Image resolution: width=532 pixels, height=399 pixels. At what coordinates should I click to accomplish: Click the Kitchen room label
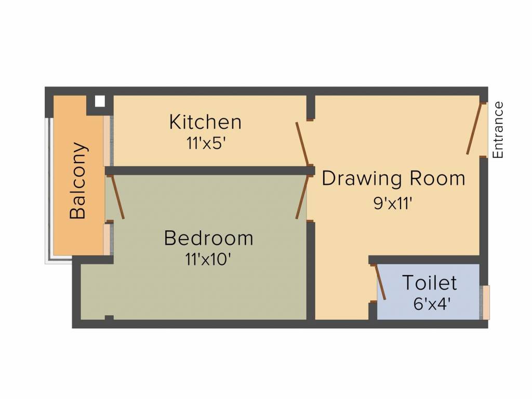[205, 122]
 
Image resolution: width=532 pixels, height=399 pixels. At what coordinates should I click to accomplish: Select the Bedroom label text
[208, 238]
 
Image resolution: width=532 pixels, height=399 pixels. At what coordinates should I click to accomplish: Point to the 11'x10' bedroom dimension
[208, 259]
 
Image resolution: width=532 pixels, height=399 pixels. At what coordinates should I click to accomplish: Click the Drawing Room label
[393, 178]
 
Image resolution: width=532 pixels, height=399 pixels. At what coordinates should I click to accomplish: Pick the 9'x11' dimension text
[393, 203]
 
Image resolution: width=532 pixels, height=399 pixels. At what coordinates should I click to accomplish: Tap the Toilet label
[430, 283]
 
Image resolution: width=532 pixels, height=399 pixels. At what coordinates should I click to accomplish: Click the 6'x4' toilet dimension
[431, 303]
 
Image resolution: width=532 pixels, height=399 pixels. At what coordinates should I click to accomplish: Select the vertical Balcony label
[78, 180]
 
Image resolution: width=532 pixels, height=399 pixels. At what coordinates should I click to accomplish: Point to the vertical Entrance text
[498, 130]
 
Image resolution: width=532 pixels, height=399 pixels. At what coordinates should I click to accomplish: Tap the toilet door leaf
[380, 282]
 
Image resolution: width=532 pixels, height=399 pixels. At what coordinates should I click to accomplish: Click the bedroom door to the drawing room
[302, 197]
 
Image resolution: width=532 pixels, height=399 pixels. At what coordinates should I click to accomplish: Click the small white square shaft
[100, 101]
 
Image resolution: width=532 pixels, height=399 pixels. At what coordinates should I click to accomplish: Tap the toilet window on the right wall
[486, 302]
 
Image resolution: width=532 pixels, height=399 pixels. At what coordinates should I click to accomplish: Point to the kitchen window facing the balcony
[108, 140]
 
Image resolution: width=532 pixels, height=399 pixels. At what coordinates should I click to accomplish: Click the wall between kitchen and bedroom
[208, 170]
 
